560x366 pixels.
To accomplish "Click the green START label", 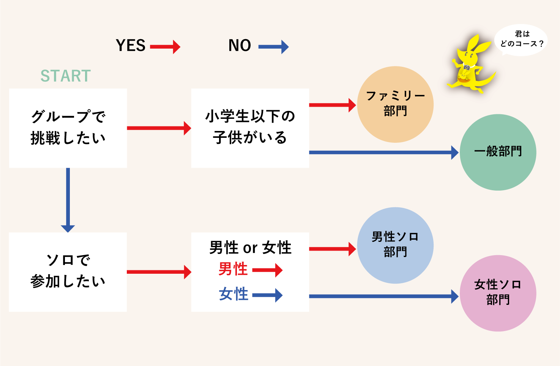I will coord(66,76).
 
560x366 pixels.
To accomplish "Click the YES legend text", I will coord(131,46).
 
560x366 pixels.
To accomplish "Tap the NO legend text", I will coord(240,46).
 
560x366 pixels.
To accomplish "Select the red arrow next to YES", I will coord(165,47).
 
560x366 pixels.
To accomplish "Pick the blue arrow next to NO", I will coord(273,47).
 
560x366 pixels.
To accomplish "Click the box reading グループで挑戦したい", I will coord(68,128).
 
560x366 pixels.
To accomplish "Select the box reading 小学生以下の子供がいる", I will coord(250,128).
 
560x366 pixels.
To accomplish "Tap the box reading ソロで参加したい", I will coord(68,272).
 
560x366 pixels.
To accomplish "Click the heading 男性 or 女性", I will coord(250,248).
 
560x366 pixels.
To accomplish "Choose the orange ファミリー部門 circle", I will coord(395,104).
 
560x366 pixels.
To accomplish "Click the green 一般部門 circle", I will coord(498,152).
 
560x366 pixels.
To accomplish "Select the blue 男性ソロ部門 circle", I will coord(395,245).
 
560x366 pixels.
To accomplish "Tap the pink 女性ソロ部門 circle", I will coord(498,293).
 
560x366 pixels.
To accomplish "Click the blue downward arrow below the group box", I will coord(68,200).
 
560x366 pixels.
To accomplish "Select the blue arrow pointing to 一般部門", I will coord(383,152).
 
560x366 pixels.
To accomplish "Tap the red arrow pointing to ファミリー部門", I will coord(332,105).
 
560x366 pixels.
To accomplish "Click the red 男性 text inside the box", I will coord(233,270).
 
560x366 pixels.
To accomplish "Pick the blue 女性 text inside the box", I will coord(233,294).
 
